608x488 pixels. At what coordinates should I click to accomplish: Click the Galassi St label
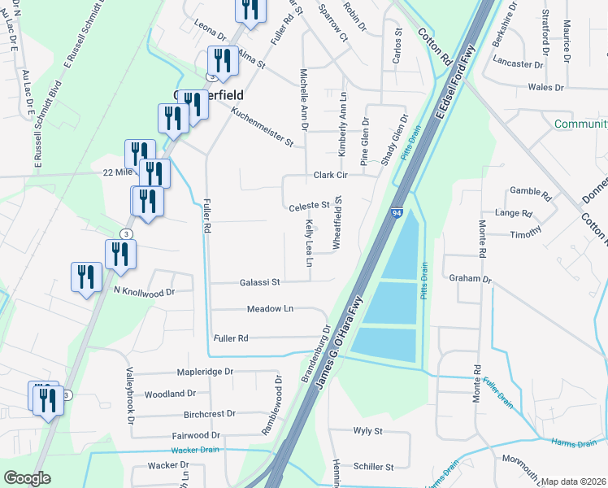259,282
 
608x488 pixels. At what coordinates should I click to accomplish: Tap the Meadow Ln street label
270,309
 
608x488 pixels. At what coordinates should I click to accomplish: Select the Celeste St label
309,206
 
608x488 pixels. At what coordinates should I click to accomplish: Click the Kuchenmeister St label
261,129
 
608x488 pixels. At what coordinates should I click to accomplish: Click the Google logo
27,478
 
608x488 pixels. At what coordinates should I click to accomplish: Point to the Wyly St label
367,431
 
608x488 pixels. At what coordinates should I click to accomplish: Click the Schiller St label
373,467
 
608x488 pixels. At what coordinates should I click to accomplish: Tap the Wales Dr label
545,87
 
